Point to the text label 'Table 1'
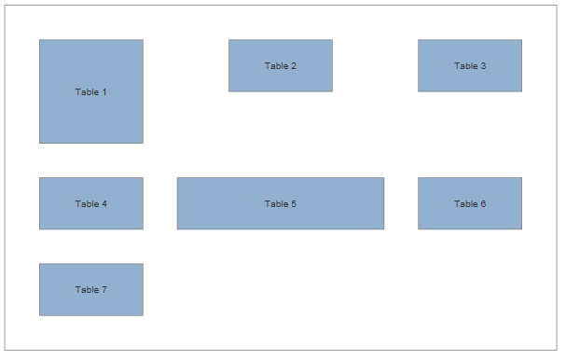click(90, 91)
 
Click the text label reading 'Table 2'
click(280, 66)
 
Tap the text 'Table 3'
click(469, 66)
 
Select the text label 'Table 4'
click(90, 204)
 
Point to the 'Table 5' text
click(280, 204)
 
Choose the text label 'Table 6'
click(469, 204)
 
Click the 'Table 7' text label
click(90, 290)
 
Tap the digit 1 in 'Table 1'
click(104, 91)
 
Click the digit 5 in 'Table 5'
click(293, 204)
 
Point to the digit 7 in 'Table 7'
click(104, 290)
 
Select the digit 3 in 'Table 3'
click(483, 66)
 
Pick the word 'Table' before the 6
click(465, 204)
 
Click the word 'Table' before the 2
click(275, 66)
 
